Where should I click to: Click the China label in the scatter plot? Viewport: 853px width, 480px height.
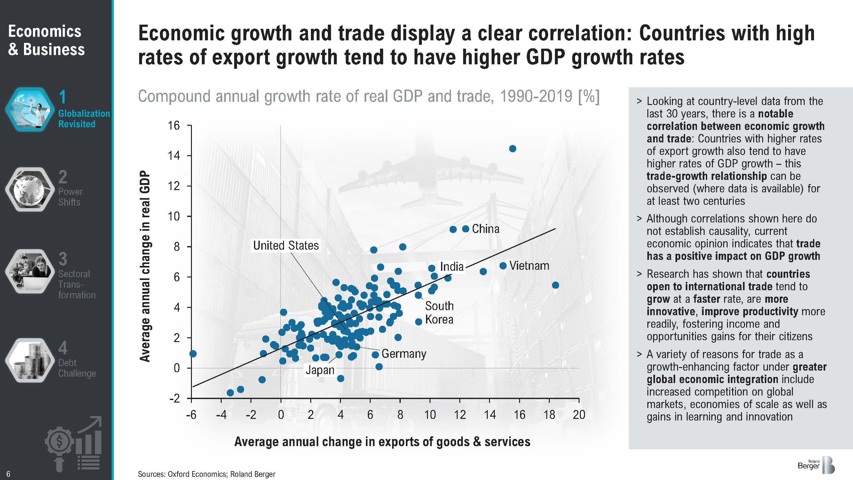pyautogui.click(x=486, y=229)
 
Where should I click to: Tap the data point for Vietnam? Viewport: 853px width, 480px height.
pyautogui.click(x=503, y=266)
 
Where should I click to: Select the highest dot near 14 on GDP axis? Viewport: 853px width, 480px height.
pyautogui.click(x=513, y=149)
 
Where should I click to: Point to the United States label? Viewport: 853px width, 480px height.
pyautogui.click(x=286, y=245)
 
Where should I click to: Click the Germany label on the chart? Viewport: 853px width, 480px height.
pyautogui.click(x=404, y=354)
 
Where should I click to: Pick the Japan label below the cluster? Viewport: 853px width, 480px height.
pyautogui.click(x=320, y=370)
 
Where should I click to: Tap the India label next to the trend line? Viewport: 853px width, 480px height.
pyautogui.click(x=452, y=267)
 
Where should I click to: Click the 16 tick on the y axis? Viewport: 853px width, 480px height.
pyautogui.click(x=174, y=125)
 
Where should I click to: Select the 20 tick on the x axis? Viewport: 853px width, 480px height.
pyautogui.click(x=579, y=415)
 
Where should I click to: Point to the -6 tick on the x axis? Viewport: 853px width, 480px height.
pyautogui.click(x=191, y=415)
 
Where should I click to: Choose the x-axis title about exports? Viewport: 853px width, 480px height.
pyautogui.click(x=382, y=442)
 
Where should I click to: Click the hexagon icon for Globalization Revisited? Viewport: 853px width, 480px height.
pyautogui.click(x=30, y=109)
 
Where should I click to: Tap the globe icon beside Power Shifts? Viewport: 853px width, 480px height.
pyautogui.click(x=30, y=189)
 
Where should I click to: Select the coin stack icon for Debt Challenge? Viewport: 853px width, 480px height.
pyautogui.click(x=30, y=360)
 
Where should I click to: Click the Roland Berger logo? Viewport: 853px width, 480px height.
pyautogui.click(x=816, y=465)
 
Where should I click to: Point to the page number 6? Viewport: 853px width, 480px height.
pyautogui.click(x=8, y=474)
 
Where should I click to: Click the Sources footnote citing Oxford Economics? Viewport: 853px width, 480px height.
pyautogui.click(x=206, y=474)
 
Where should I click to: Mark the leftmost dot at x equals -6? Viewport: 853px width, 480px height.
pyautogui.click(x=193, y=354)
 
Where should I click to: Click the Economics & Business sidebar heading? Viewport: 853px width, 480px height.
pyautogui.click(x=46, y=40)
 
